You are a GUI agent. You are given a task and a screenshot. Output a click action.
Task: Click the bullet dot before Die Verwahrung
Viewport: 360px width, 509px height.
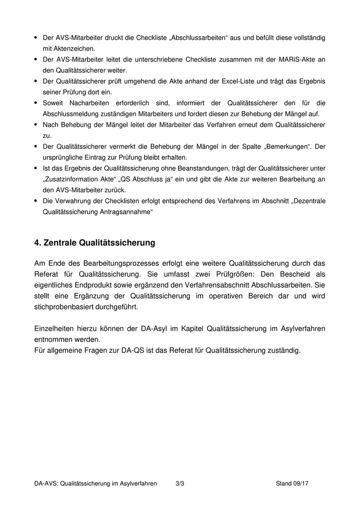point(35,201)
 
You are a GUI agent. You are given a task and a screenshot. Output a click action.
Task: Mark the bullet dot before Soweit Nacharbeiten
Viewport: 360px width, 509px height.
point(35,103)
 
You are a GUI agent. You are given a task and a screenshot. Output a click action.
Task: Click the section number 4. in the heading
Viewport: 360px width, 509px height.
point(38,242)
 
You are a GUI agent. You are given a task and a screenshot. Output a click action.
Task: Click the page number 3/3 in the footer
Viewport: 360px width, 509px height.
point(180,483)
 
